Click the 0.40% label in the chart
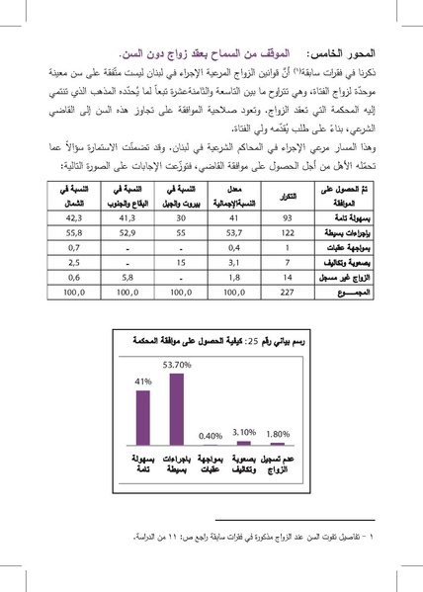pyautogui.click(x=209, y=435)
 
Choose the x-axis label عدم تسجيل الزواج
pyautogui.click(x=281, y=465)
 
